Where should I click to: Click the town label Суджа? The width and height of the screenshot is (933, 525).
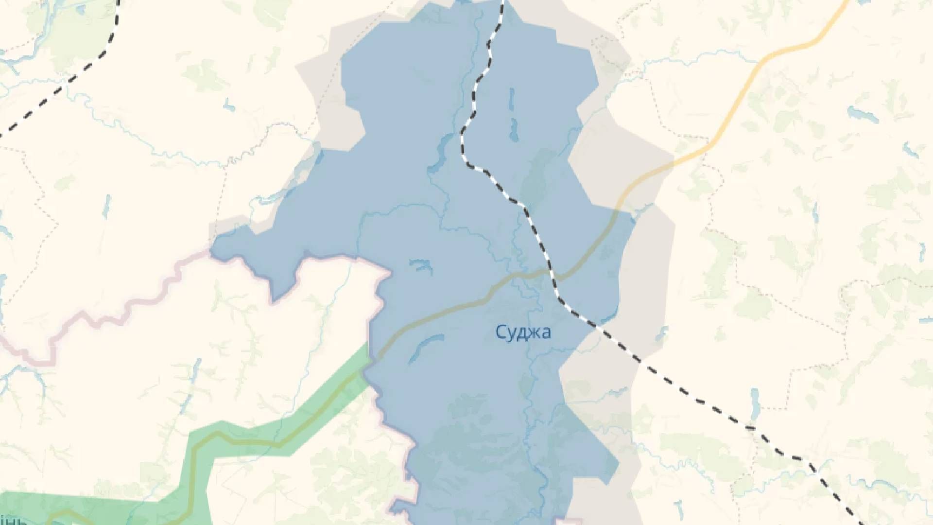[x=523, y=332]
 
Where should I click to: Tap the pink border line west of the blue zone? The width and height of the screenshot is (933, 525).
[x=121, y=311]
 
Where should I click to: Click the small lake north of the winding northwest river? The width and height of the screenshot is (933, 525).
[x=229, y=105]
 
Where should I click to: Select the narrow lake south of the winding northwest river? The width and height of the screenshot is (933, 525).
[x=106, y=207]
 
